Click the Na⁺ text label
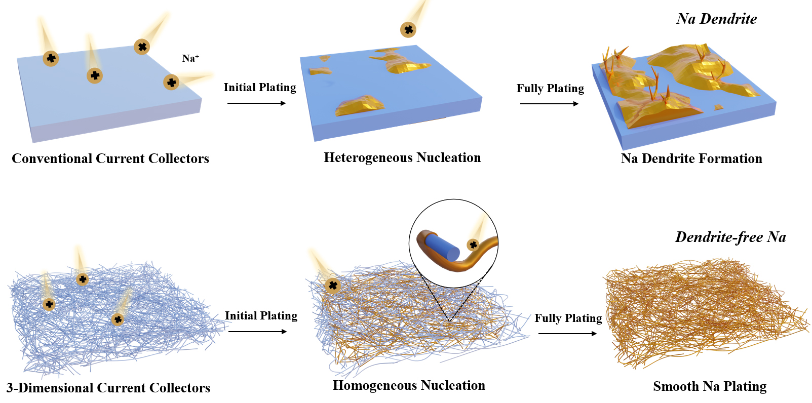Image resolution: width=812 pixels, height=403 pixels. (x=190, y=58)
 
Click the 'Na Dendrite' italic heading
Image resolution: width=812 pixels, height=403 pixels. (x=716, y=19)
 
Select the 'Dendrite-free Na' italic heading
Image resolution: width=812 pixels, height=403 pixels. (x=730, y=237)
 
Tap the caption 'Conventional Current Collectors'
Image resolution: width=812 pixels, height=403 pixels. (x=110, y=158)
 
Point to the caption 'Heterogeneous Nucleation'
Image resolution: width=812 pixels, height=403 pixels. (x=402, y=157)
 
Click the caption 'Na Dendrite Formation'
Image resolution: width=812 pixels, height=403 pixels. (x=691, y=158)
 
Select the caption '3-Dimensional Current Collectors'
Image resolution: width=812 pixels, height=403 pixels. (x=108, y=388)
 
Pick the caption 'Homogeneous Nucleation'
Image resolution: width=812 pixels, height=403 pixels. (x=409, y=385)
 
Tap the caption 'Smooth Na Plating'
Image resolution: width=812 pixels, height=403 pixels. (x=710, y=386)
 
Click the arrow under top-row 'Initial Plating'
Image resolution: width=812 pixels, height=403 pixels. (x=256, y=103)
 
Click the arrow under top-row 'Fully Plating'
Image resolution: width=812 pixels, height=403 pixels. (x=549, y=104)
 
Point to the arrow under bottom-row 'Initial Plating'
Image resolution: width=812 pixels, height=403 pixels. (x=257, y=332)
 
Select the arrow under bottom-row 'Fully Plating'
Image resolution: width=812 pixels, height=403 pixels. (x=567, y=334)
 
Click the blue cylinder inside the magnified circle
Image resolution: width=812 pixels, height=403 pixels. (x=442, y=246)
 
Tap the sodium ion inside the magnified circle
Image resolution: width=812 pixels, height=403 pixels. (x=473, y=245)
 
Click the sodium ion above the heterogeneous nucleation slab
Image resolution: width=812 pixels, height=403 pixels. (x=408, y=30)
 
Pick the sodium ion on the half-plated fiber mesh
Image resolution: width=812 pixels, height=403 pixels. (x=333, y=286)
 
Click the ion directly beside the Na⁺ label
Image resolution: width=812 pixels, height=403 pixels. (x=171, y=82)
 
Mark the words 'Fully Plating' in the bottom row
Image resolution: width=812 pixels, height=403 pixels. (x=568, y=318)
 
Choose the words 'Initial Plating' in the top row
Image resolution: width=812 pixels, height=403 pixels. (x=259, y=87)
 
